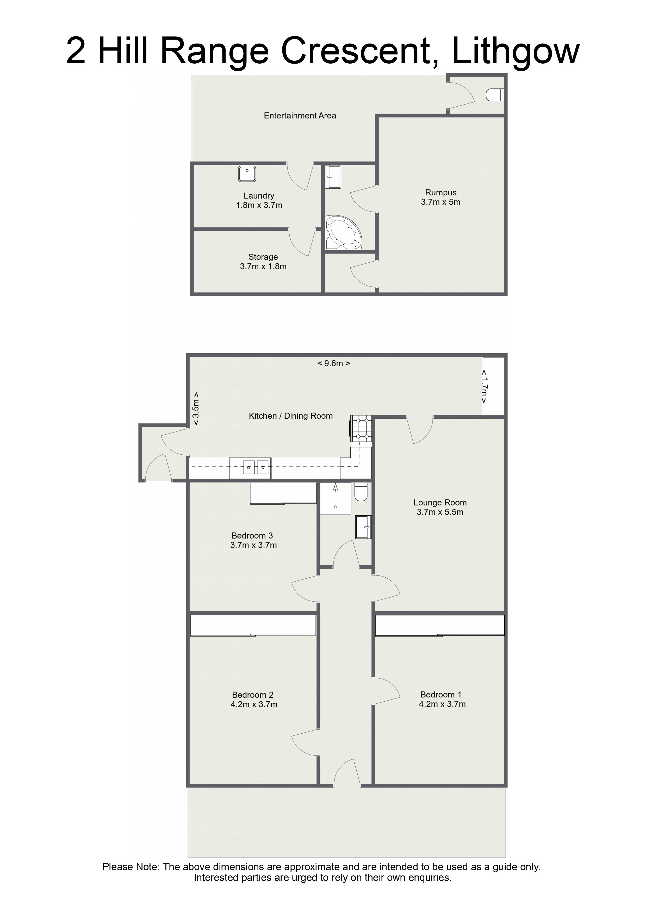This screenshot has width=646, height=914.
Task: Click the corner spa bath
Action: [x=344, y=232]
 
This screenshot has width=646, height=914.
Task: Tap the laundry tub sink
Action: [x=247, y=174]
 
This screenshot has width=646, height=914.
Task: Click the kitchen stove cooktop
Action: [x=361, y=428]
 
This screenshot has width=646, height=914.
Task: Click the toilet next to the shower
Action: [x=361, y=492]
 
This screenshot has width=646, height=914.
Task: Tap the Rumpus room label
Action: [x=441, y=193]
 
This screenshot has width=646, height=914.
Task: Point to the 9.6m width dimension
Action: [x=333, y=363]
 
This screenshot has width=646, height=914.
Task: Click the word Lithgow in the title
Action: [x=515, y=51]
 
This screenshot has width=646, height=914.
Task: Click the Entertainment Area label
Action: [x=300, y=115]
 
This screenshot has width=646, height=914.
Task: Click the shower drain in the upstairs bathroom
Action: [x=336, y=507]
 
